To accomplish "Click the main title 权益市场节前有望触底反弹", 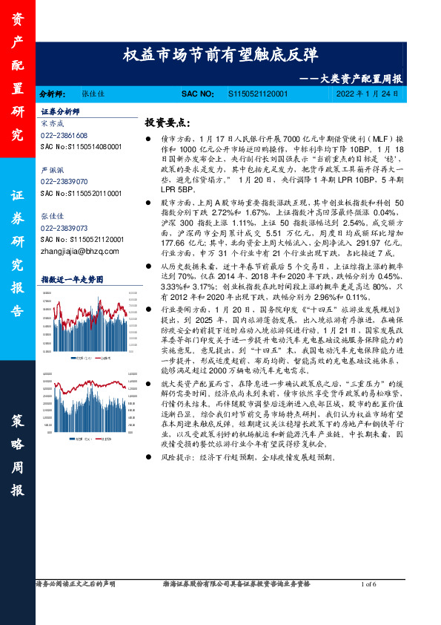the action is [220, 56].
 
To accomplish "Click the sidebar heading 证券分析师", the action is [59, 111].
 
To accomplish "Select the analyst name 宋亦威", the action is [52, 123].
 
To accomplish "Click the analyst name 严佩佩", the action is [52, 169].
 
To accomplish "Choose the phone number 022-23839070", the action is [64, 181].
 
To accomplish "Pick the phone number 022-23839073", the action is [64, 228].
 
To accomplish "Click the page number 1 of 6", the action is [368, 585].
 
